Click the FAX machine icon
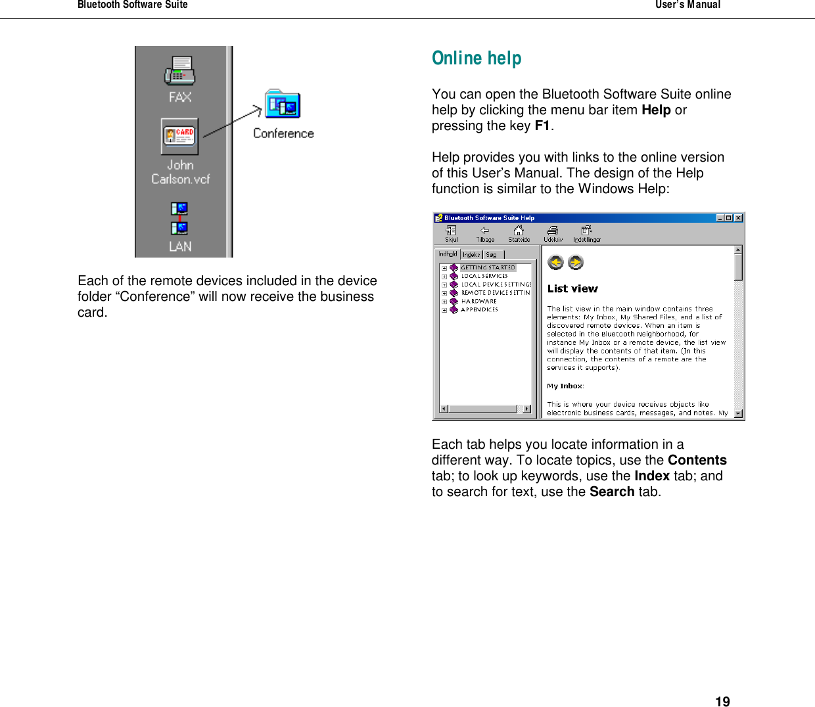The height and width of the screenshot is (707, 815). point(179,71)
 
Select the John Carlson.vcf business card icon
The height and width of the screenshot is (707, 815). point(179,136)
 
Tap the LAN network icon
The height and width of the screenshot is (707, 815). point(179,219)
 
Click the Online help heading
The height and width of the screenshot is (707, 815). point(477,58)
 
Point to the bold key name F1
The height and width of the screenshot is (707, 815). point(542,126)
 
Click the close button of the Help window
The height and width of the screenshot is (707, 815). point(738,218)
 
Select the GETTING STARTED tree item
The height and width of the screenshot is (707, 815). point(488,268)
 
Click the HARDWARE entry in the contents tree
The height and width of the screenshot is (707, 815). point(479,302)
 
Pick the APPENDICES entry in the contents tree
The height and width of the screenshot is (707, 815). point(479,309)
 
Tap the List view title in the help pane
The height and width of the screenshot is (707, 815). point(572,289)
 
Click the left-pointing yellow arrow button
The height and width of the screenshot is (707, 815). point(556,263)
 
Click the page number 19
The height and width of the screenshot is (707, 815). point(722,702)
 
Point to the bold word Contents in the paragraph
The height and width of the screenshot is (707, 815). point(697,461)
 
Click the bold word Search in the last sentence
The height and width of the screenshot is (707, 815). point(611,492)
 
